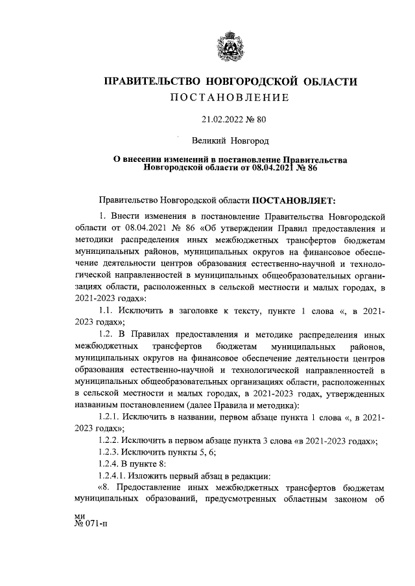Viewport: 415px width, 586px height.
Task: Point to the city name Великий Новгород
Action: click(x=230, y=140)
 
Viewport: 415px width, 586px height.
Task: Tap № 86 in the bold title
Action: click(x=305, y=167)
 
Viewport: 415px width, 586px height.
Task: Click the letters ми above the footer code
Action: click(x=80, y=515)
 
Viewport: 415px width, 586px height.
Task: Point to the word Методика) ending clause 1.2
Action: click(x=276, y=405)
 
